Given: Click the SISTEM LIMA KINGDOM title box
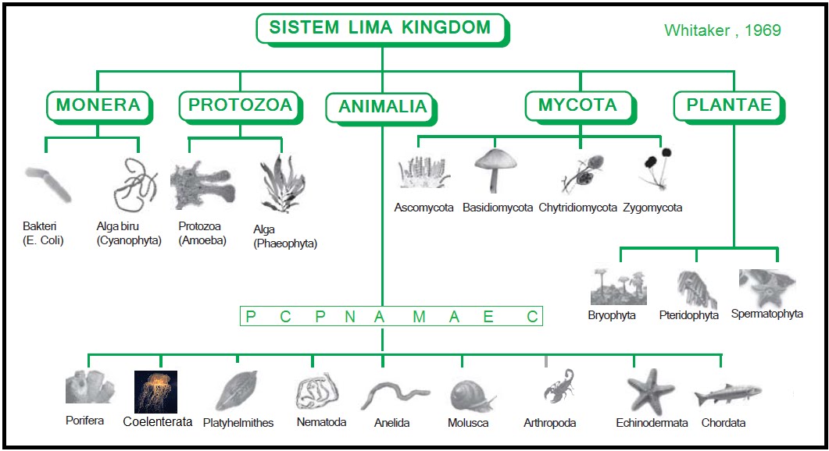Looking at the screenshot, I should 380,28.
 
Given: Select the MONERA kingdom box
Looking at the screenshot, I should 98,105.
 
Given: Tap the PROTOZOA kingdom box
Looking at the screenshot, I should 240,105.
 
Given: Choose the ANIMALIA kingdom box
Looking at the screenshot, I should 382,107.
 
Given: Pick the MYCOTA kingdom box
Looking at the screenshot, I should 577,105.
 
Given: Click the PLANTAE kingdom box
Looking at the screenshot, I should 728,105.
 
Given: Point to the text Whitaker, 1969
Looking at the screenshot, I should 722,30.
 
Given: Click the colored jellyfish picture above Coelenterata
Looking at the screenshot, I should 155,392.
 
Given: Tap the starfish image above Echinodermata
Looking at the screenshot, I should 650,390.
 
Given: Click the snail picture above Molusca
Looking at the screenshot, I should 472,395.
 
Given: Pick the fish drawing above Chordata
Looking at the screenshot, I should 727,393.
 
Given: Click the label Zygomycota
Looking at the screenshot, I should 652,208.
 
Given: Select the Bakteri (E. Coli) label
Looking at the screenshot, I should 43,233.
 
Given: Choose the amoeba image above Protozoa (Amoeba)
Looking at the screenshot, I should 202,186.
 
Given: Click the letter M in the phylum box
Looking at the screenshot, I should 419,316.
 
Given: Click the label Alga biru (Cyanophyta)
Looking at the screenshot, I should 129,233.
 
